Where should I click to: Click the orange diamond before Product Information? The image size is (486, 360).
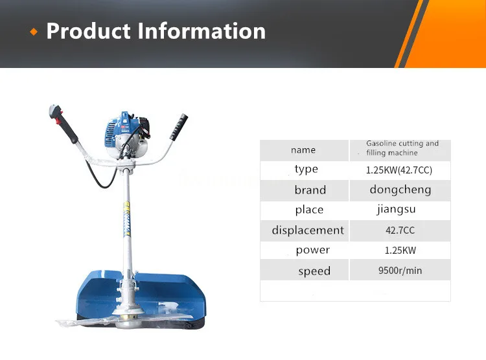34,32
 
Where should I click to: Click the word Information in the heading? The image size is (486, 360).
200,31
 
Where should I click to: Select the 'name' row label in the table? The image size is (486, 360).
303,150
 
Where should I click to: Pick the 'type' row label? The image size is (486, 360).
306,170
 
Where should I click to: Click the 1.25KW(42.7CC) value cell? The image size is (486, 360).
399,170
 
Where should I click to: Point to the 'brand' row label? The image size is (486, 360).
310,190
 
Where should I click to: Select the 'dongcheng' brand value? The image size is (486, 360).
400,190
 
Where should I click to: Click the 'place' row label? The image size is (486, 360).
309,210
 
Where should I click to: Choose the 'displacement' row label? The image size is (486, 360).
308,231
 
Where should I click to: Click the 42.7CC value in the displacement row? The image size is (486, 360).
399,231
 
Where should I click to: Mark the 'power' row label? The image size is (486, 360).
312,251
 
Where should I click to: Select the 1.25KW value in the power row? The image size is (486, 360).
400,251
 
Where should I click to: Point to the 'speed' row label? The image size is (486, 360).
314,271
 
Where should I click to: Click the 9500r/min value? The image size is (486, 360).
400,271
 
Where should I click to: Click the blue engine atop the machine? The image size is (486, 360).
119,133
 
